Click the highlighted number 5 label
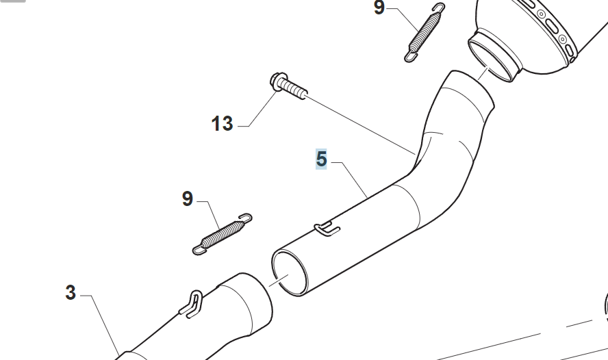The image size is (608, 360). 321,159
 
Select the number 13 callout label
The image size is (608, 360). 223,124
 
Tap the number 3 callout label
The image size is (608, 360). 71,292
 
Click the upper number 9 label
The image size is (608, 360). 379,8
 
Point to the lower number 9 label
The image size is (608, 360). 188,198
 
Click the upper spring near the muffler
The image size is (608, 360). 425,32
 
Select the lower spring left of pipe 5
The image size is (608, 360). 223,234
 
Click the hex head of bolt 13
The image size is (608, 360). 277,81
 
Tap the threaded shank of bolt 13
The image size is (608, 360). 294,90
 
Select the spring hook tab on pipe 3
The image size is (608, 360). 192,304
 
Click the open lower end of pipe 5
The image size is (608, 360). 290,273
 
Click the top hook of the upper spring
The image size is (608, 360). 440,8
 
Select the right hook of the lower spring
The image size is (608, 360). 245,218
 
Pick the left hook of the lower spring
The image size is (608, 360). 199,250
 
